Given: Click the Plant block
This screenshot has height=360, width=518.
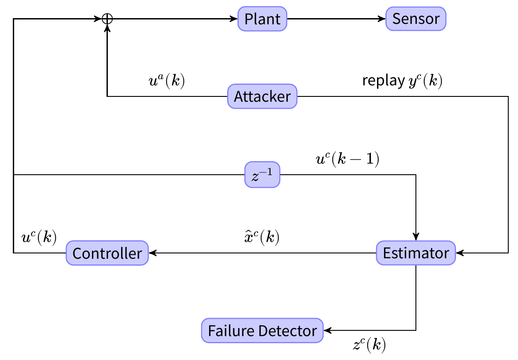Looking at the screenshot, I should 263,19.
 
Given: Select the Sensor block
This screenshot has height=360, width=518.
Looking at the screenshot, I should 416,19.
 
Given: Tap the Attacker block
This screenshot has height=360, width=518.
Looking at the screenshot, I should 263,96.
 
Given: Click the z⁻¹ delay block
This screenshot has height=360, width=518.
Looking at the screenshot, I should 263,175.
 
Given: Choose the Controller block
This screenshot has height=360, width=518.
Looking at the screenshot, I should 107,253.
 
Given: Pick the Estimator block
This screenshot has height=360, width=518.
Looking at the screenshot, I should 416,253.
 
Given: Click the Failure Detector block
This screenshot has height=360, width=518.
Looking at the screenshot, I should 263,330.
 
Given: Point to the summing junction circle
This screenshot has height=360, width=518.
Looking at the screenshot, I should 107,19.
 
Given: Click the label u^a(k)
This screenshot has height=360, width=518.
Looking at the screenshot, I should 167,81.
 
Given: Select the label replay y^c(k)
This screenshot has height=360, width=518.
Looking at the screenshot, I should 402,81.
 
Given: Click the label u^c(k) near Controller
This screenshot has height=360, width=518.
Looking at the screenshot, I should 39,237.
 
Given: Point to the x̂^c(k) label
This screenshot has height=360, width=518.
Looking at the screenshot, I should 262,237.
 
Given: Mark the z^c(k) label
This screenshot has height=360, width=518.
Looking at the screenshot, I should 369,345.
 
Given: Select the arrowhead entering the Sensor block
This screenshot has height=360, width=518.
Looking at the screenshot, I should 383,19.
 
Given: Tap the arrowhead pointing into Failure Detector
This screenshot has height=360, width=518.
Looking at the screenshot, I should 327,330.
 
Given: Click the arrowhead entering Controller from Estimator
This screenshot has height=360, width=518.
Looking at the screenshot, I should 152,253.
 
